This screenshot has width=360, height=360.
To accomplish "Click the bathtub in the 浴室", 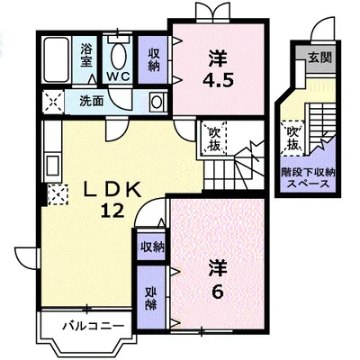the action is [x=57, y=60].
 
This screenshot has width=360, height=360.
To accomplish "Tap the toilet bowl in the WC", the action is [x=118, y=57].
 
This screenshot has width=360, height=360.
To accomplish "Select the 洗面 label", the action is [x=91, y=101].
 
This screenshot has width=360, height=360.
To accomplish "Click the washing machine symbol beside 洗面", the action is [x=157, y=102].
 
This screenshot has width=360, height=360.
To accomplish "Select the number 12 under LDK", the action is [x=112, y=211].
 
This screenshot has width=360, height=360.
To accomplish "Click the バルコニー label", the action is [x=93, y=326].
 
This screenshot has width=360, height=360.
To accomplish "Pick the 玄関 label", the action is [x=320, y=58].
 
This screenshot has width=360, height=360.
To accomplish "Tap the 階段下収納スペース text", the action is [x=308, y=178].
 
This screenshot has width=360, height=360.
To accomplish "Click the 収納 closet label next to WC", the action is [x=155, y=59].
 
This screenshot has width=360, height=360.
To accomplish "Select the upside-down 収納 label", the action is [x=151, y=299].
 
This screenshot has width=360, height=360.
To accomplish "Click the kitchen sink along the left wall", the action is [x=53, y=166].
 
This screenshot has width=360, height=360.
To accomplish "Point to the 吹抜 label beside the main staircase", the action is [x=215, y=139].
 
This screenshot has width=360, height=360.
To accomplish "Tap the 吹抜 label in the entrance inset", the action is [x=293, y=139].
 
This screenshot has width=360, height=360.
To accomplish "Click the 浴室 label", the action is [x=85, y=56].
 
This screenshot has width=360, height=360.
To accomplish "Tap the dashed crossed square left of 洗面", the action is [x=53, y=102].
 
